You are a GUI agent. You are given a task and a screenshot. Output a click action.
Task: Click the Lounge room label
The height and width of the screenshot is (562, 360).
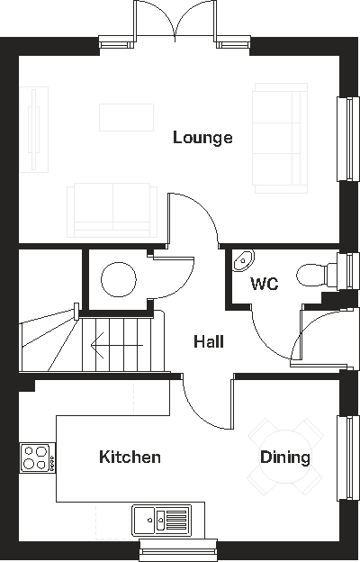tap(202, 138)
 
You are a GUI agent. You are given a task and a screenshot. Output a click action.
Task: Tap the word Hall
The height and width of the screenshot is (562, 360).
tap(209, 341)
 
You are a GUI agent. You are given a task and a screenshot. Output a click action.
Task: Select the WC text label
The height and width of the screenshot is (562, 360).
tap(264, 284)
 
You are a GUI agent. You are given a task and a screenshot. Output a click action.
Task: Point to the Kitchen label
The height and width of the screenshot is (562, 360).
tap(130, 457)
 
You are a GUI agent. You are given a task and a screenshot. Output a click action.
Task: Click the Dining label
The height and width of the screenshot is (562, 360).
tap(284, 457)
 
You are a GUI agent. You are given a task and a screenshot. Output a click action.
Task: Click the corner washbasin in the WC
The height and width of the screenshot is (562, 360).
tap(241, 261)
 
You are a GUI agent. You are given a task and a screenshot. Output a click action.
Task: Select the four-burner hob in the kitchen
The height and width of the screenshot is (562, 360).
tap(37, 457)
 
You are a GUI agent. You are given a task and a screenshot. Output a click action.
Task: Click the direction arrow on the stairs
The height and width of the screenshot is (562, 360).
tap(100, 342)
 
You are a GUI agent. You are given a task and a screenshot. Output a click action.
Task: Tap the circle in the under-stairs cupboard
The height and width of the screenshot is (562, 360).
tap(117, 278)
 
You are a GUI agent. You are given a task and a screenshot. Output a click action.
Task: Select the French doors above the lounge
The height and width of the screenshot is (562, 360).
tap(175, 20)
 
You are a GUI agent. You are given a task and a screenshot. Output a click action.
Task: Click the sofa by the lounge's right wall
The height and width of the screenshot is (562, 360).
tap(280, 137)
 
